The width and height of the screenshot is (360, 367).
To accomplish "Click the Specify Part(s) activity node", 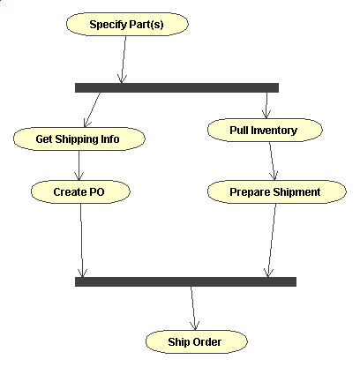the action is click(x=127, y=24).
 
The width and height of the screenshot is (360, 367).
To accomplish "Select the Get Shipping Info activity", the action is click(x=79, y=139).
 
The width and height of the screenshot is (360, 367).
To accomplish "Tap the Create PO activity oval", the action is click(x=80, y=191).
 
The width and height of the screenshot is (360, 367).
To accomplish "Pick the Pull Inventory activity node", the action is click(x=265, y=130).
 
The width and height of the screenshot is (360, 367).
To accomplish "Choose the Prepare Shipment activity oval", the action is click(x=277, y=191).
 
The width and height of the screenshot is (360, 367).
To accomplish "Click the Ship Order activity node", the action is click(x=197, y=341).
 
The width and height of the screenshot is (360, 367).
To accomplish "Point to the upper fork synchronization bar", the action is click(x=176, y=87).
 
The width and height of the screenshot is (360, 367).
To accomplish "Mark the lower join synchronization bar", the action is click(x=185, y=281).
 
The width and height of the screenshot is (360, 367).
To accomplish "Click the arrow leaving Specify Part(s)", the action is click(x=124, y=59).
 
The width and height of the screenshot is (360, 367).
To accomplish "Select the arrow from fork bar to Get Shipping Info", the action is click(x=93, y=109).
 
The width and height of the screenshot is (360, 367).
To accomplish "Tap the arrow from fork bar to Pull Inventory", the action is click(x=266, y=105).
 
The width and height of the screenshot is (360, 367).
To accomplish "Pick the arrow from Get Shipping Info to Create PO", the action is click(x=79, y=165).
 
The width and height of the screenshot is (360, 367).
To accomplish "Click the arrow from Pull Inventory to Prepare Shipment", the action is click(x=273, y=161).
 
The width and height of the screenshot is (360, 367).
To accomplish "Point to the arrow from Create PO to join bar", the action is click(x=82, y=240).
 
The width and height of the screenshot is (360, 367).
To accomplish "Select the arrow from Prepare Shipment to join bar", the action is click(x=272, y=240).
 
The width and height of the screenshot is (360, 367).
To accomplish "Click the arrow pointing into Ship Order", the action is click(x=193, y=308).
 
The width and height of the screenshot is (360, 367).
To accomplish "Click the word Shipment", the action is click(x=296, y=192).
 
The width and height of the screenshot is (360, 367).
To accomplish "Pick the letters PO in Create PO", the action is click(x=97, y=192).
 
